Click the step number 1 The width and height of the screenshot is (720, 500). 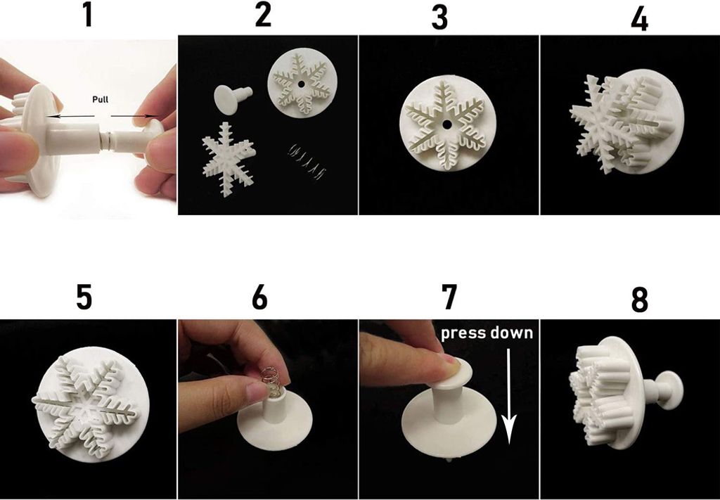click(87, 15)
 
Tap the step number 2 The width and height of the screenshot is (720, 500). click(262, 15)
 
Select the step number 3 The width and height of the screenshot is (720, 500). click(439, 18)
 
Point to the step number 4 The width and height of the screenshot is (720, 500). click(639, 20)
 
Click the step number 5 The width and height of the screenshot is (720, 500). click(84, 297)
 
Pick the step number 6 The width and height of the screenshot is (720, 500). click(259, 297)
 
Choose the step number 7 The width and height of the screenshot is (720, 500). click(449, 297)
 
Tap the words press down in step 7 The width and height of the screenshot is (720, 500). click(487, 333)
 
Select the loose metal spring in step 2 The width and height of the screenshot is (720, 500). click(308, 152)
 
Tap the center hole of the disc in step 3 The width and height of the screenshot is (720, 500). click(446, 124)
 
